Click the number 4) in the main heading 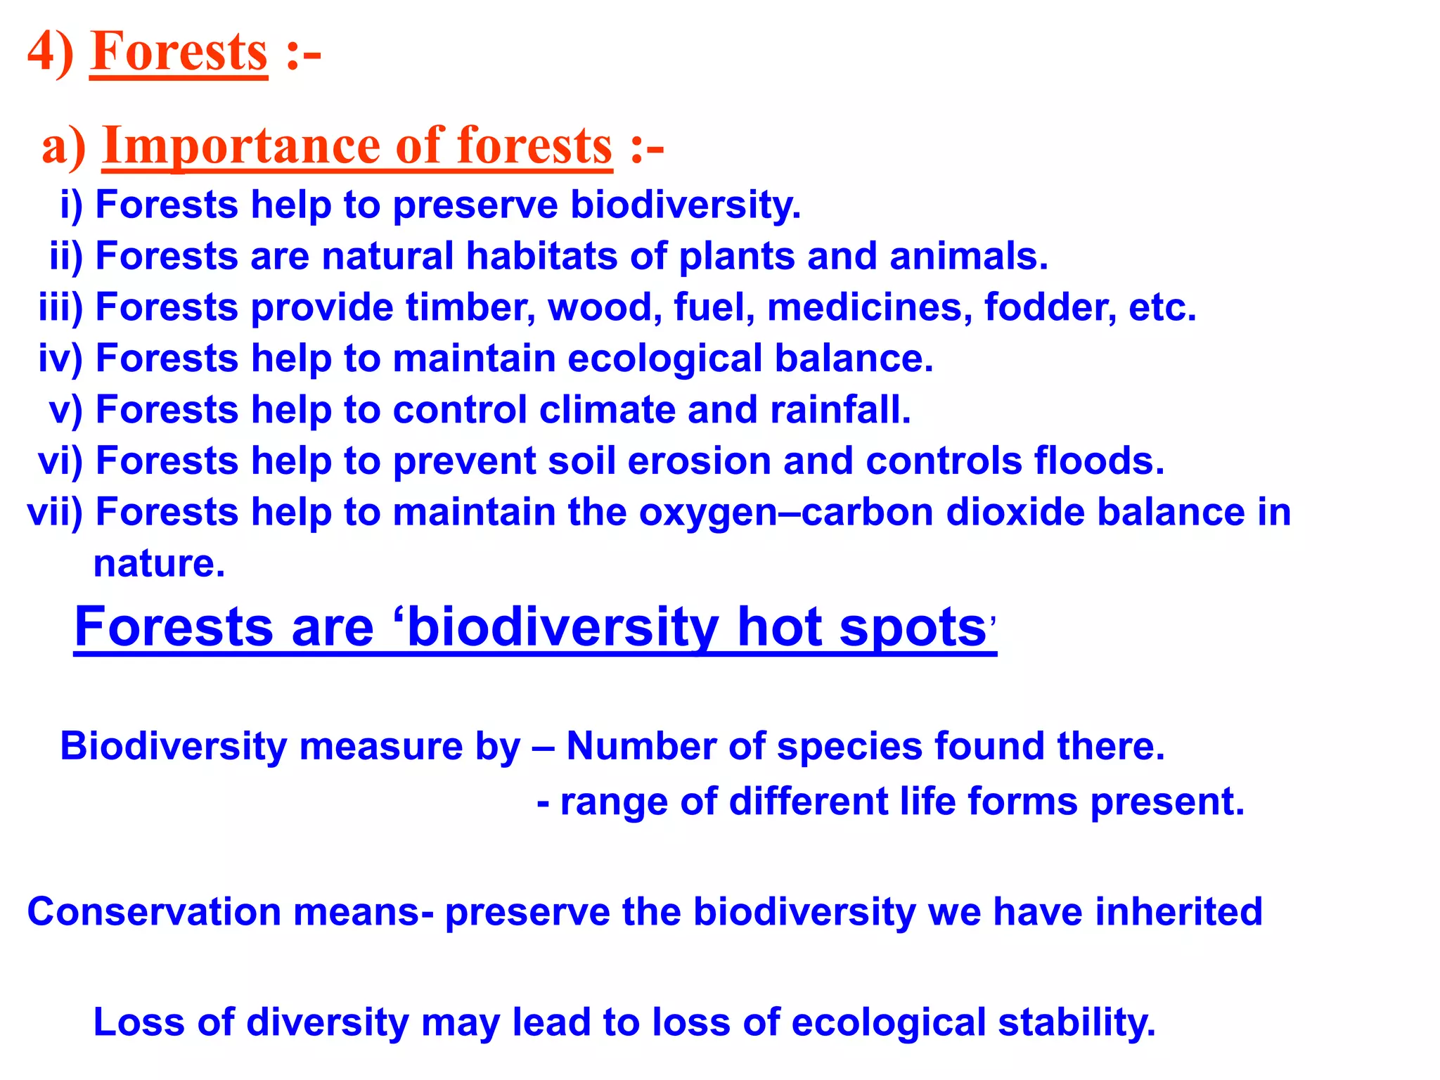[x=50, y=53]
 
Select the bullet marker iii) [x=60, y=307]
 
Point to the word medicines [x=870, y=307]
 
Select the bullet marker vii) [x=55, y=512]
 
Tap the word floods [x=1099, y=461]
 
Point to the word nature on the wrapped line [x=159, y=564]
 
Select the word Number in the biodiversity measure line [x=641, y=746]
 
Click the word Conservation [x=154, y=912]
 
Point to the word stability [x=1076, y=1022]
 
